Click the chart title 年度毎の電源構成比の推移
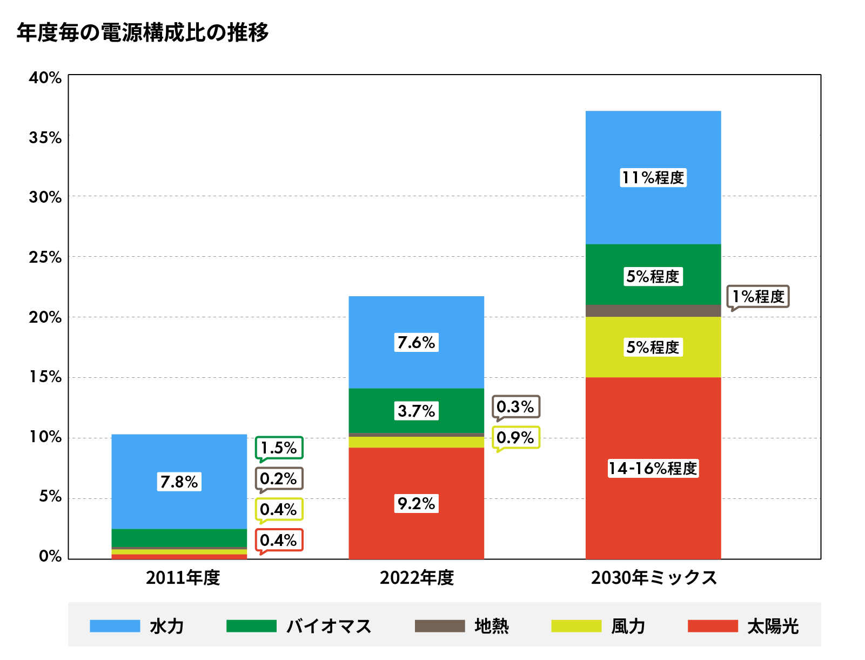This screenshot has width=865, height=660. click(x=143, y=33)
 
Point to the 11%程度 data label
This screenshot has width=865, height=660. click(x=653, y=177)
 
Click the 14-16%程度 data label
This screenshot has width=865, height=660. click(x=653, y=468)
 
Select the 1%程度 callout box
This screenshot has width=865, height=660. click(x=758, y=296)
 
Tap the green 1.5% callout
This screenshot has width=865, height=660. click(x=279, y=448)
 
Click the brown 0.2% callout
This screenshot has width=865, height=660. click(x=279, y=478)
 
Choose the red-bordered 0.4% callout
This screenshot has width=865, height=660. click(x=279, y=540)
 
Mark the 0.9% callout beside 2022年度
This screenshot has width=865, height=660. click(x=515, y=437)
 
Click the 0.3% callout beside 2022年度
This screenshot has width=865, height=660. click(x=515, y=406)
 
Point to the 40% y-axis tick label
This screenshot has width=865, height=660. click(x=45, y=78)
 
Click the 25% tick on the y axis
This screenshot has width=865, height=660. click(x=45, y=257)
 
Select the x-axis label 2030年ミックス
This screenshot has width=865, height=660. click(x=654, y=578)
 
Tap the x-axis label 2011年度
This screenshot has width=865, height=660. click(x=183, y=578)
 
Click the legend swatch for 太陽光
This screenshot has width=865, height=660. click(x=713, y=626)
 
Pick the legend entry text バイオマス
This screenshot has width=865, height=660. click(x=328, y=626)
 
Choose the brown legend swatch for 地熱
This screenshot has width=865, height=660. click(x=440, y=626)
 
